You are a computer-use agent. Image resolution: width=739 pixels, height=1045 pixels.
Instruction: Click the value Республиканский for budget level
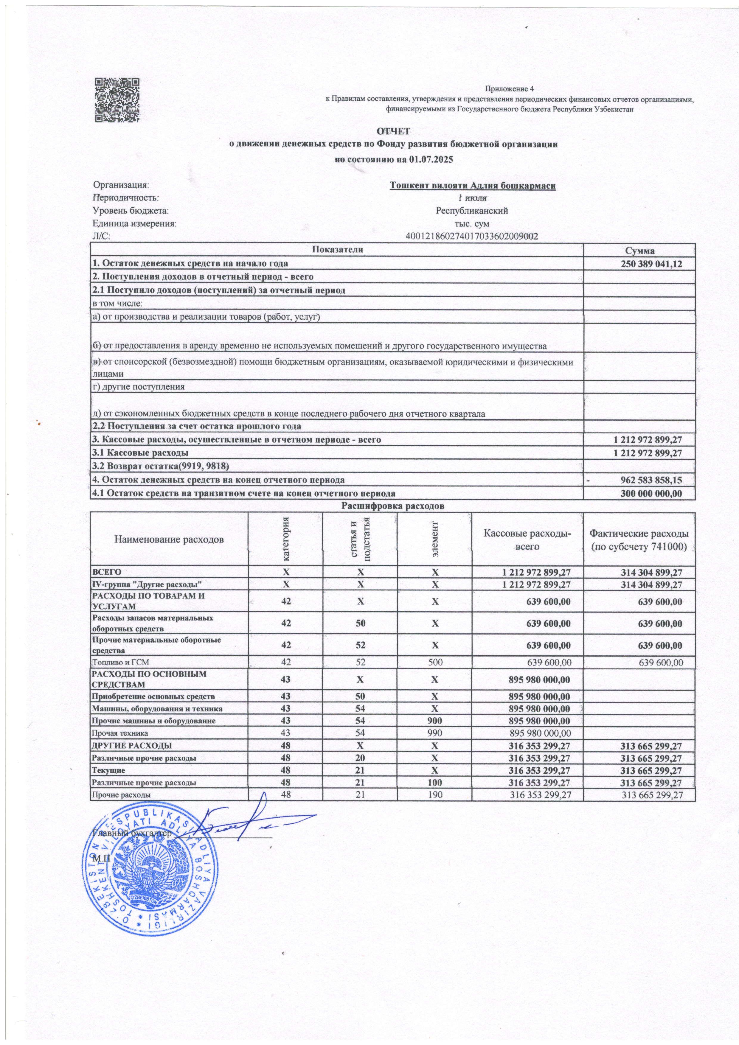coord(472,211)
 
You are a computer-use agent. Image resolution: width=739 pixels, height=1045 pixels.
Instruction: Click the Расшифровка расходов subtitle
coord(392,506)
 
